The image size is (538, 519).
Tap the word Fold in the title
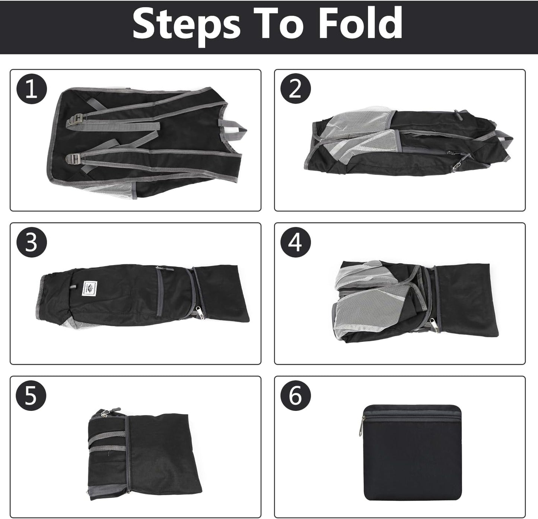coord(361,23)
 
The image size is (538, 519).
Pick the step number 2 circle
coord(295,89)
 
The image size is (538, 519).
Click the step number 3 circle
coord(32,242)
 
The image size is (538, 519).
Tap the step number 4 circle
coord(295,242)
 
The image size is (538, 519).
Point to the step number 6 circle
coord(295,395)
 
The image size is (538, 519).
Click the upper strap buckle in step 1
coord(74,121)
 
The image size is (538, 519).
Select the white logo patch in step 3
coord(90,288)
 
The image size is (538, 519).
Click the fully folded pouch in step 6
coord(413,453)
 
